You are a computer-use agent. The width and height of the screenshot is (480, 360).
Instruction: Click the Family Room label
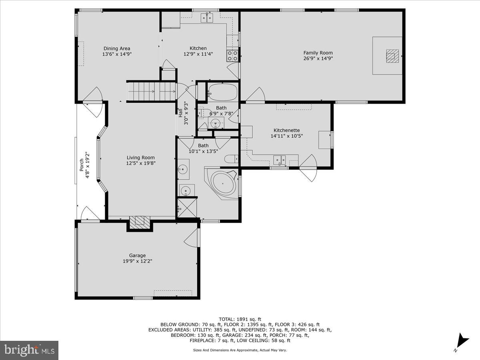point(318,53)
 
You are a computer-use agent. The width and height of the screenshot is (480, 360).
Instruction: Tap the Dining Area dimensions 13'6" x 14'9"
point(117,54)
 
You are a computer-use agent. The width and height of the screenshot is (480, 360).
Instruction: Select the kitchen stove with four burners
point(232,56)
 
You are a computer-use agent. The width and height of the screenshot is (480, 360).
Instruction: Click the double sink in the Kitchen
point(207,18)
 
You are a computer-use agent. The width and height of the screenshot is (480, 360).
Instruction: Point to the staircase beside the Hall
point(151,92)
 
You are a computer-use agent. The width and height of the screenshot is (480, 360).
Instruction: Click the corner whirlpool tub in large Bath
point(223,183)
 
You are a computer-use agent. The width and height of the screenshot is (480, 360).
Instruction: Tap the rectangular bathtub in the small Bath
point(222,92)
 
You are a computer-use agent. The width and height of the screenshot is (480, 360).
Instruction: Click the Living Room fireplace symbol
point(140,222)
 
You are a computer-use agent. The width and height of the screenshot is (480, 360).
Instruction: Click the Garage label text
point(137,256)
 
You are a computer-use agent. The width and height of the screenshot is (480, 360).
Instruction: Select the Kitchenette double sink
point(280,160)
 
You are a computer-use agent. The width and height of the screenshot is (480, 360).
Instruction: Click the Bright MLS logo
point(29,350)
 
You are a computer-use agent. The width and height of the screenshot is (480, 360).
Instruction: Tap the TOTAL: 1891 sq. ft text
point(240,319)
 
